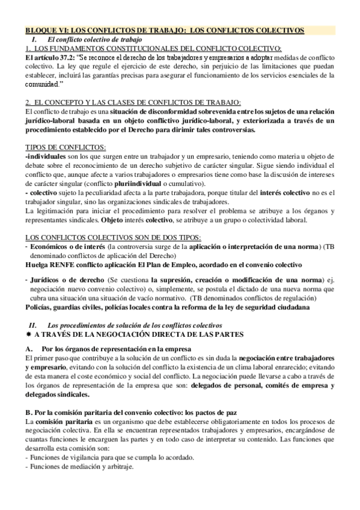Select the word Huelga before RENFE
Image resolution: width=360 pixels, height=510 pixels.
point(37,264)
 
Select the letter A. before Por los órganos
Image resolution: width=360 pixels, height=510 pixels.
point(29,349)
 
